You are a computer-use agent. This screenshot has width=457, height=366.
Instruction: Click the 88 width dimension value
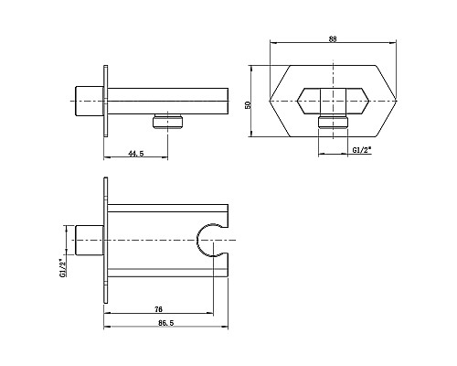[x=333, y=38]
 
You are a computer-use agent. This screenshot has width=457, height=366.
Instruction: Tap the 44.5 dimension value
[x=136, y=155]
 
